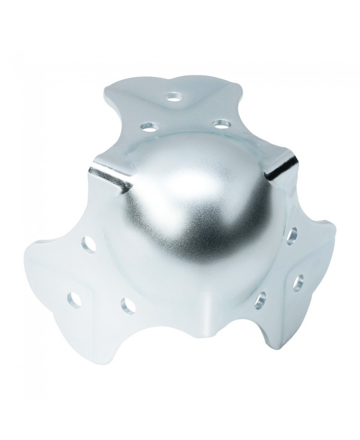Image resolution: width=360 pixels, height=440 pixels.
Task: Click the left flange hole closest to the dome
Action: (x=89, y=243)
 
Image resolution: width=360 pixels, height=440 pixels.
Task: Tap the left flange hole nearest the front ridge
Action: (x=127, y=305)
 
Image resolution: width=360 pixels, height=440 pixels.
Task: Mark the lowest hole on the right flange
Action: (x=260, y=300)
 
